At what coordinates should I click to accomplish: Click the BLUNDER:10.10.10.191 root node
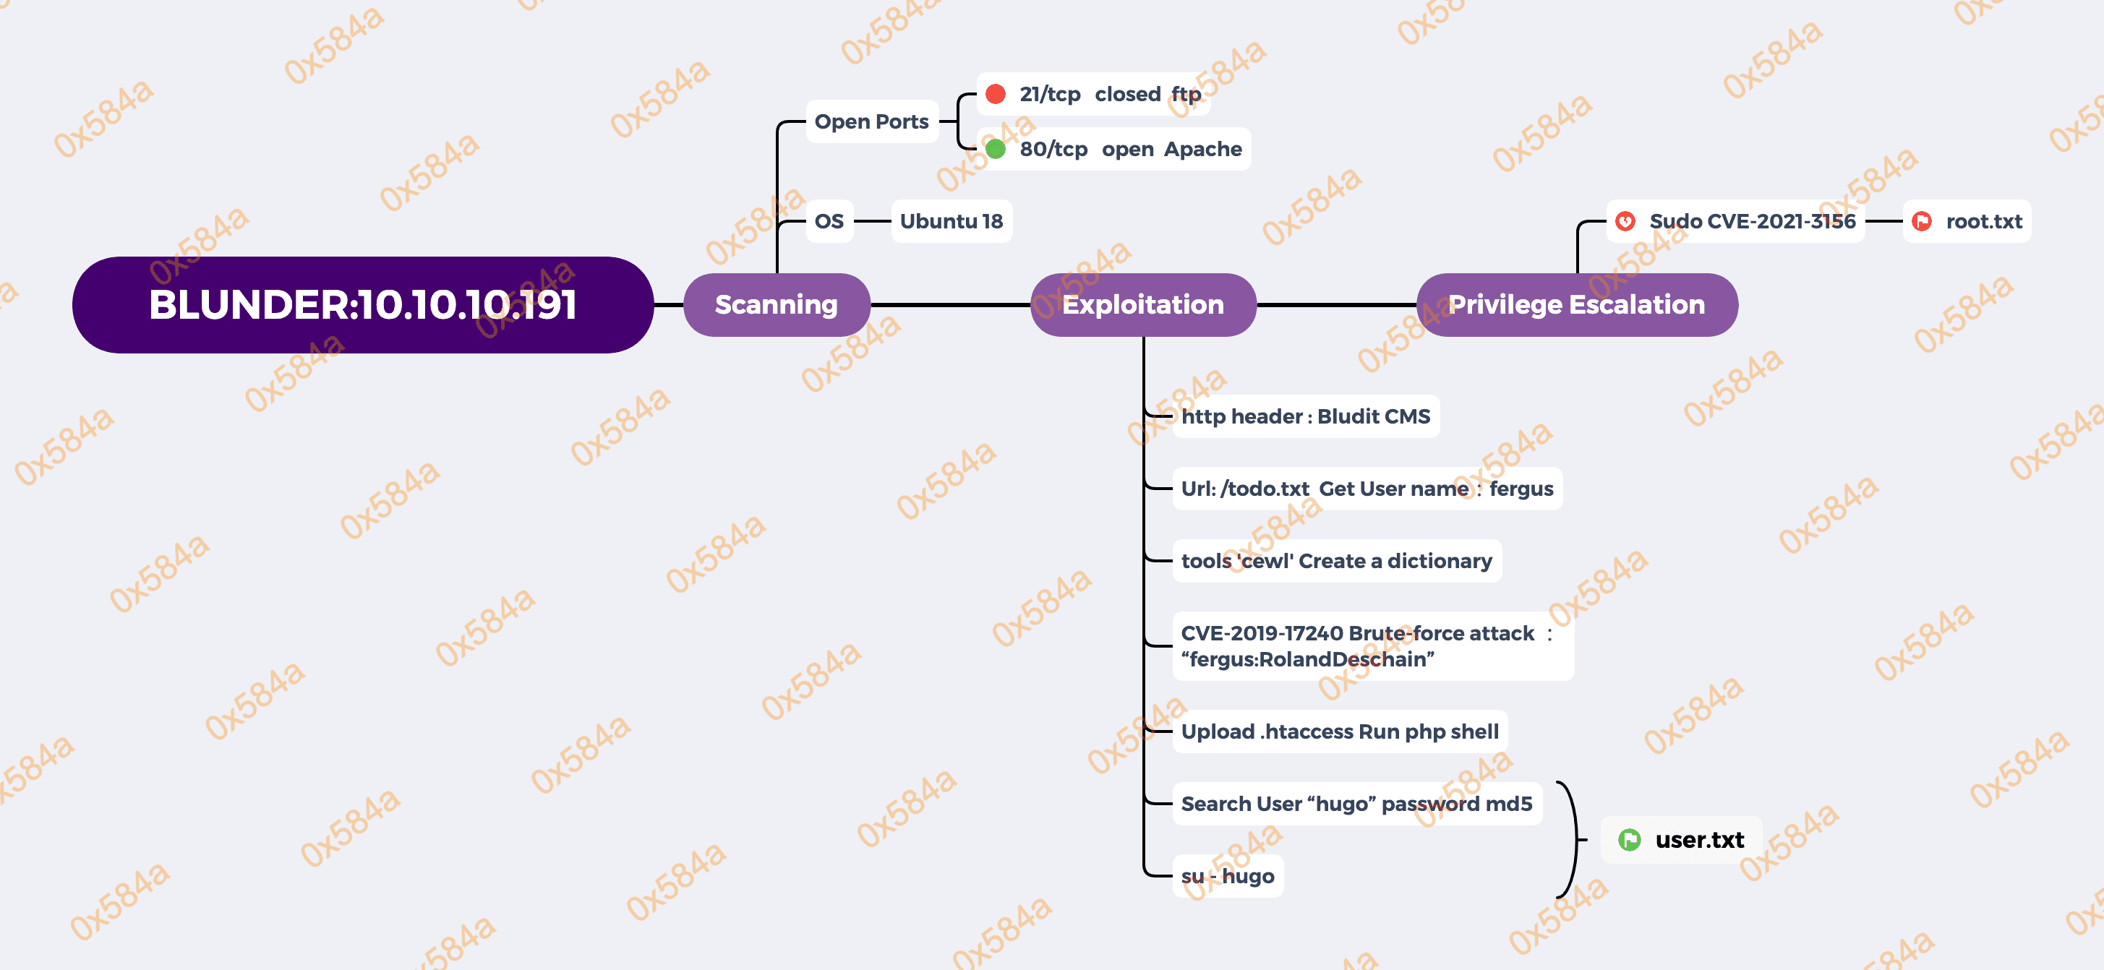pyautogui.click(x=363, y=304)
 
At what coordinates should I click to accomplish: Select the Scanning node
pyautogui.click(x=776, y=304)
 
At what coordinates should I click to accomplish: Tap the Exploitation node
pyautogui.click(x=1142, y=304)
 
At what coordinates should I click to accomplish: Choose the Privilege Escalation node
pyautogui.click(x=1576, y=304)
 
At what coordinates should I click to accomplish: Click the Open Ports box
pyautogui.click(x=871, y=121)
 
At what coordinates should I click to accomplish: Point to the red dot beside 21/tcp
pyautogui.click(x=995, y=94)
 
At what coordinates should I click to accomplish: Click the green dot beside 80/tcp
pyautogui.click(x=995, y=149)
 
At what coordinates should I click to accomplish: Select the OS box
pyautogui.click(x=829, y=221)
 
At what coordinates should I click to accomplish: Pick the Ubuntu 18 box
pyautogui.click(x=951, y=221)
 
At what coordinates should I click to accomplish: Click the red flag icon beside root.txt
pyautogui.click(x=1922, y=221)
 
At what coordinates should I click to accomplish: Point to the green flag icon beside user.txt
pyautogui.click(x=1629, y=839)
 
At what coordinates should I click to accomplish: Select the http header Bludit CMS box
pyautogui.click(x=1305, y=416)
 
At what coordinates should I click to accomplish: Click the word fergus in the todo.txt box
pyautogui.click(x=1521, y=489)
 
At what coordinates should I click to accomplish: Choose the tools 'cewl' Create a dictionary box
pyautogui.click(x=1336, y=561)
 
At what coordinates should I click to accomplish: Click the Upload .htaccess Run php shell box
pyautogui.click(x=1340, y=731)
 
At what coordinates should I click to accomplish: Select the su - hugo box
pyautogui.click(x=1228, y=876)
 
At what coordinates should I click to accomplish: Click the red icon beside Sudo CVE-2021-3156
pyautogui.click(x=1625, y=221)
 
